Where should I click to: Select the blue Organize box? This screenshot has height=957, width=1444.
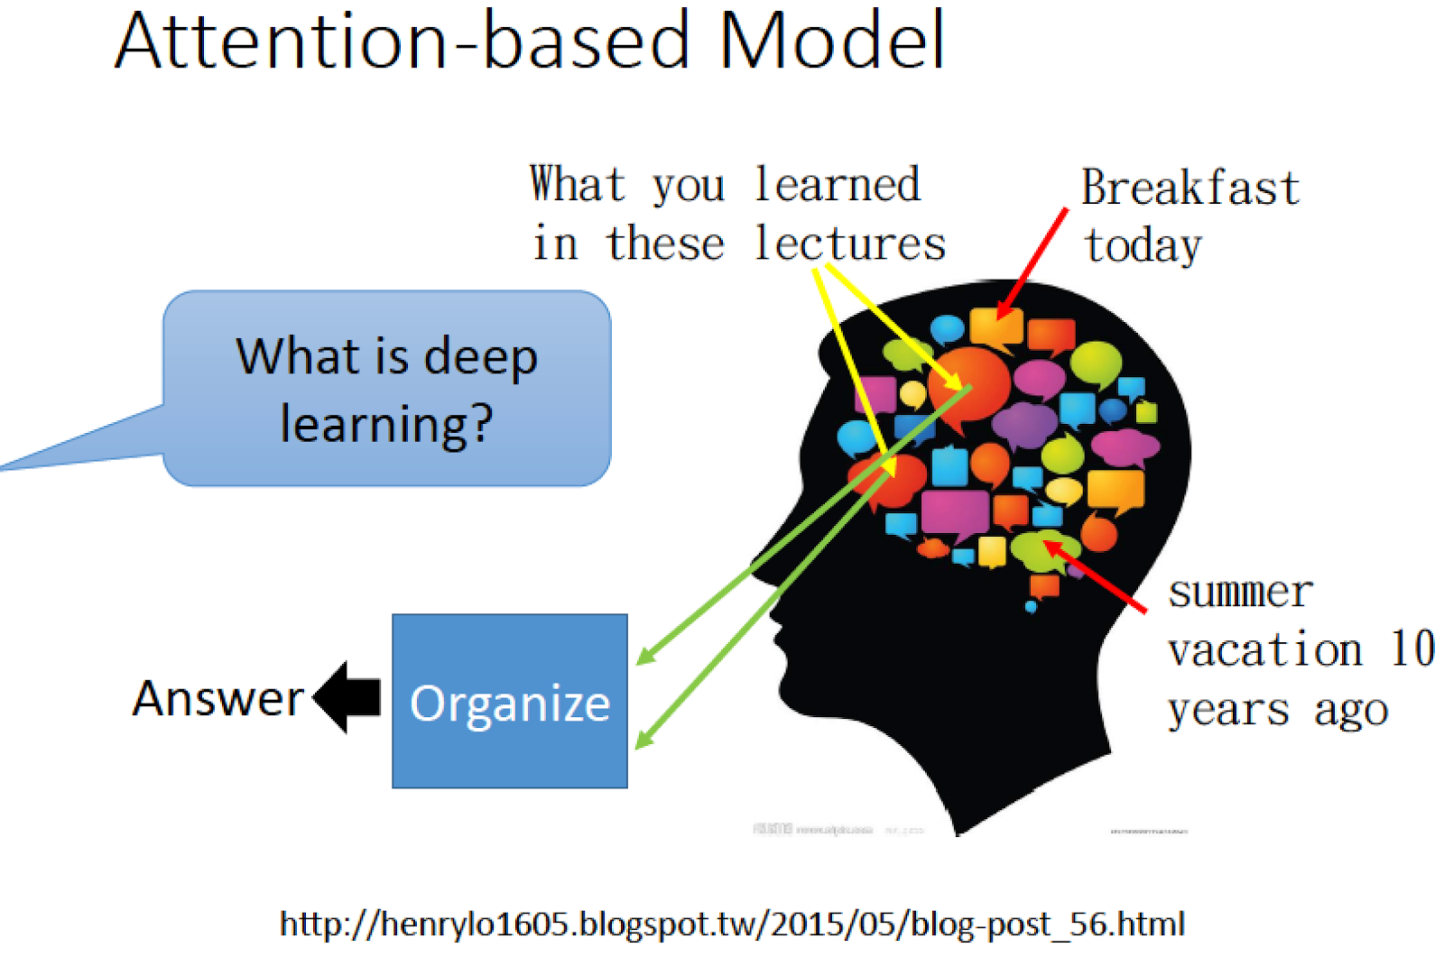coord(510,701)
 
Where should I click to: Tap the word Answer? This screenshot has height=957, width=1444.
coord(218,699)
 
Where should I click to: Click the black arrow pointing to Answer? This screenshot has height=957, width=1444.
coord(348,697)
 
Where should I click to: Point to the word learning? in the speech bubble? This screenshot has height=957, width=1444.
coord(386,424)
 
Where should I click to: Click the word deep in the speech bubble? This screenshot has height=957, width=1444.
coord(480,357)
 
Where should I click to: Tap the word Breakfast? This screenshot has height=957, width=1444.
coord(1190,189)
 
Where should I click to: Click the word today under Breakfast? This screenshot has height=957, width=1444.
coord(1143,246)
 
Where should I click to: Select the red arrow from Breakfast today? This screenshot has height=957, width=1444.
coord(1033,262)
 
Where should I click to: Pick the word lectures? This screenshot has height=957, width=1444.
coord(849,244)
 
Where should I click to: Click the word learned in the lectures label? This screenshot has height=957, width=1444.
coord(837,185)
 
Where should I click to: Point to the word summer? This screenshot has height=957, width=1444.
coord(1240,593)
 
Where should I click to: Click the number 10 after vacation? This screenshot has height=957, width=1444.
coord(1412,649)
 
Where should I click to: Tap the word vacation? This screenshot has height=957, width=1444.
coord(1264,650)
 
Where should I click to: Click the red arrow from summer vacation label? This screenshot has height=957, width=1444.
coord(1096,578)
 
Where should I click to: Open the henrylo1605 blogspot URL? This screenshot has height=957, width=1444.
coord(732,924)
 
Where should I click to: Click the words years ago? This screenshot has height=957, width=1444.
coord(1277,710)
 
